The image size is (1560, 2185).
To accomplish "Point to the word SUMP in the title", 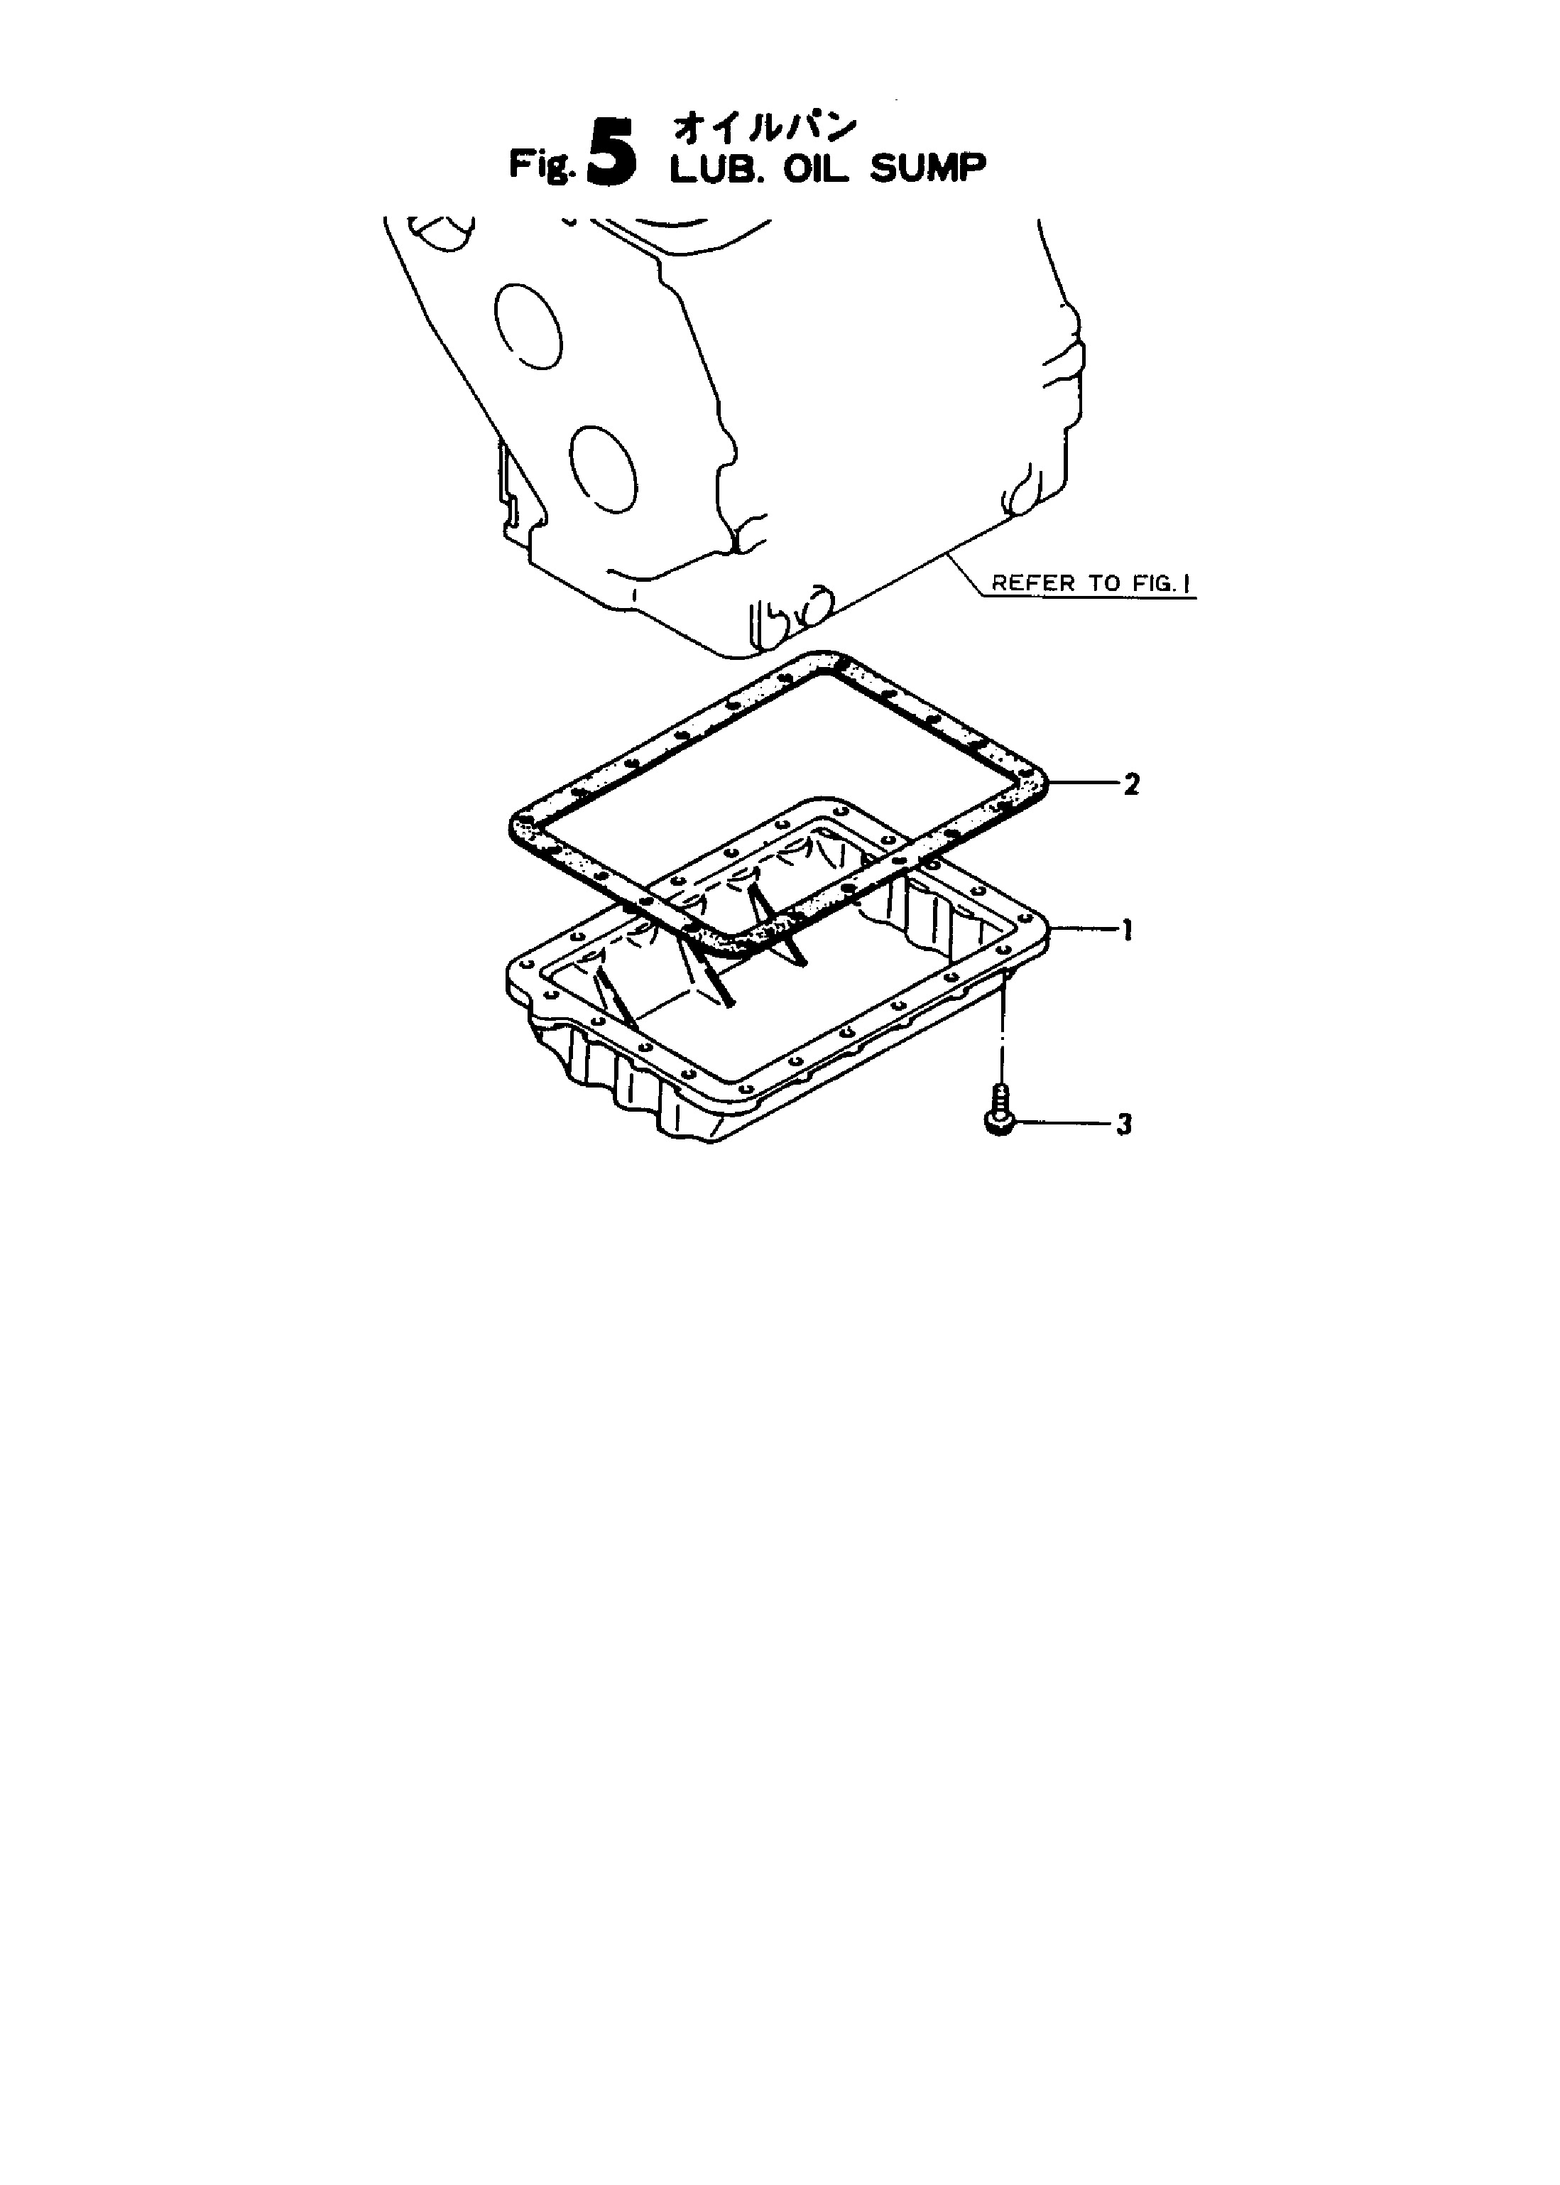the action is click(x=928, y=170).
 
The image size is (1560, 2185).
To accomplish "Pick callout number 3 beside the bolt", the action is click(x=1124, y=1123).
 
